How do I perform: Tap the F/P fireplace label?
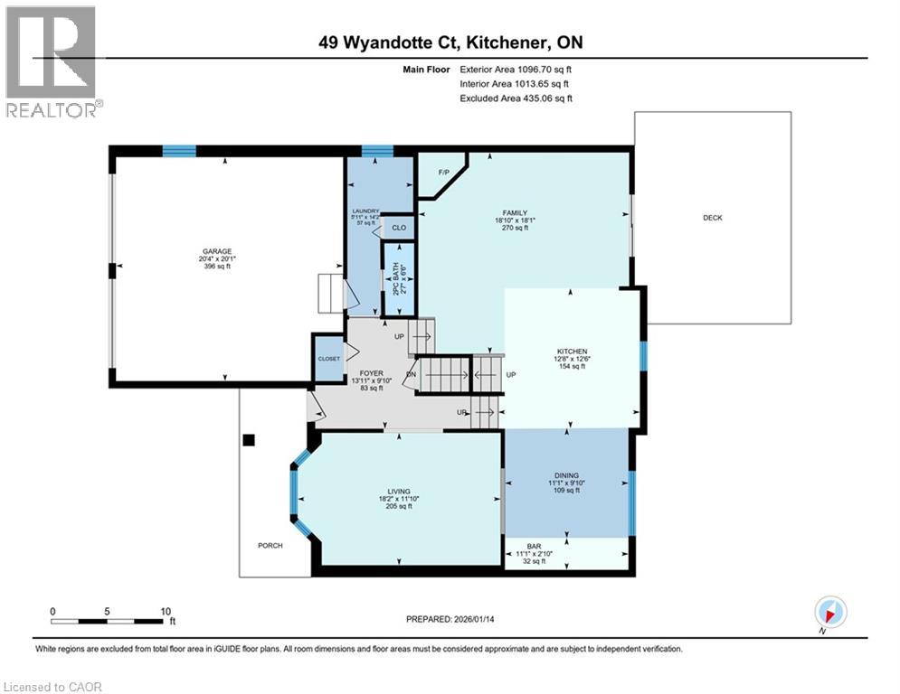443,172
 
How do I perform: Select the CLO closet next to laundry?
399,228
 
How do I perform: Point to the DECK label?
712,217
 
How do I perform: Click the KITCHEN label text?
572,352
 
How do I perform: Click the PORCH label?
270,545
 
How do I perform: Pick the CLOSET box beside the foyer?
328,359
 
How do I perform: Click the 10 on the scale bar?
166,611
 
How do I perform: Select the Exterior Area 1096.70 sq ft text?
516,69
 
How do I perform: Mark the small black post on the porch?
249,440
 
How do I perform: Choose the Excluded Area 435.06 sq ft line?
516,98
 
